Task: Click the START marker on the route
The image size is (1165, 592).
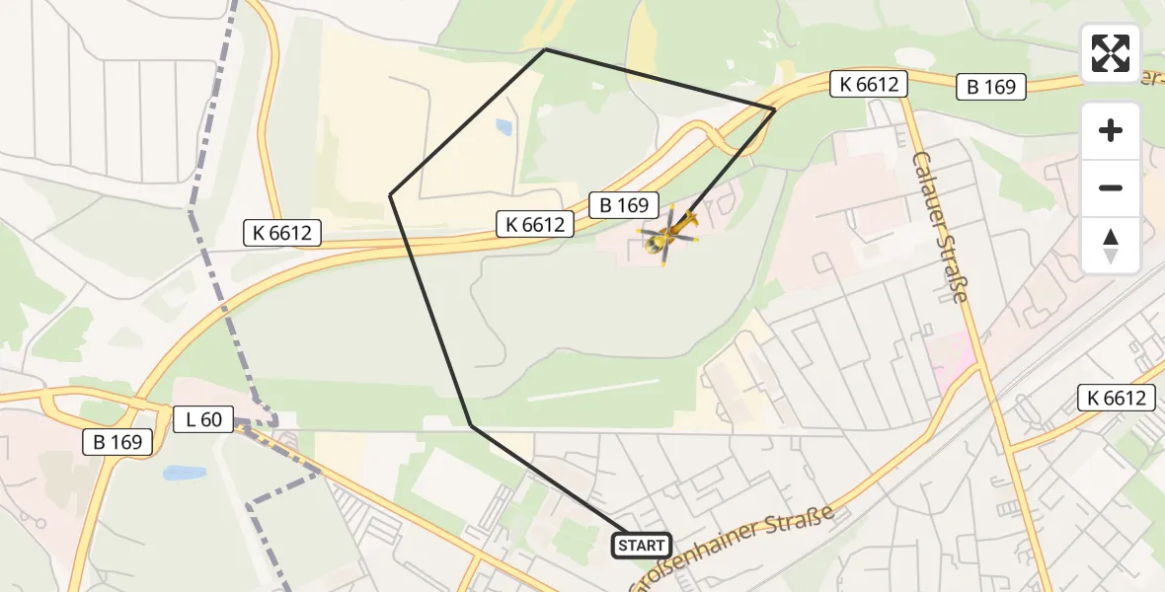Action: pos(642,545)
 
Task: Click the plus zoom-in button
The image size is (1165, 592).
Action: pos(1111,130)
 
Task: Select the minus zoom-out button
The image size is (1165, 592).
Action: pos(1111,187)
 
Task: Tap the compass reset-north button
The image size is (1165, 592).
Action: pos(1111,245)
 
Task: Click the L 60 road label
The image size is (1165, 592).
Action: pos(203,419)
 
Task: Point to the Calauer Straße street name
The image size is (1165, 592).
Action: pos(939,227)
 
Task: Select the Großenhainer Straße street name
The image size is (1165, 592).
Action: pos(733,548)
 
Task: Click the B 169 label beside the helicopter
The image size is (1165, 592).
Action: pos(624,205)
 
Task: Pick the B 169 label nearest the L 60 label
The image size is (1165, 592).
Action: pos(117,442)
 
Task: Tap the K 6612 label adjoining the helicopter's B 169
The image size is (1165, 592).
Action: pos(535,225)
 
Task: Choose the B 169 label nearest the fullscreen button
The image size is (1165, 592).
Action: pos(991,87)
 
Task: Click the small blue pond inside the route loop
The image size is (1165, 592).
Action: pos(505,126)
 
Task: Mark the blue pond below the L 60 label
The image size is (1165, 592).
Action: pos(184,473)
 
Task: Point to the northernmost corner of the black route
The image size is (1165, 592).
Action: pos(546,48)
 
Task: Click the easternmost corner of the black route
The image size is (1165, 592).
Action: pos(775,109)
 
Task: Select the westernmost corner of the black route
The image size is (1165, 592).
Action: pos(391,195)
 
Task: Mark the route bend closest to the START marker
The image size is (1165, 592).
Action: pos(471,425)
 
